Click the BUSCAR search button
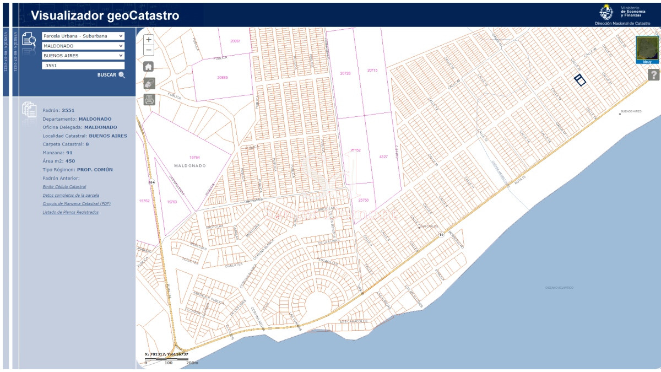(x=111, y=75)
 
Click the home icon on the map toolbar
(x=149, y=67)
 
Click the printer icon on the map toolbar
(x=149, y=100)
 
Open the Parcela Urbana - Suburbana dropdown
(x=83, y=36)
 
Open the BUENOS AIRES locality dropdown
(x=83, y=56)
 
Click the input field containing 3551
(x=83, y=66)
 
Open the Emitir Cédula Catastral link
(x=64, y=187)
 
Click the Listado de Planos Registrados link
(x=71, y=212)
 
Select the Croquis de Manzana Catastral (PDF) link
(x=77, y=203)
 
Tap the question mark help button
(x=653, y=75)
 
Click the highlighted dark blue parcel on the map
(x=579, y=80)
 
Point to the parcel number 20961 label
(x=236, y=41)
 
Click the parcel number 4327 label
(x=383, y=157)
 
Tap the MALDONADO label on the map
(x=189, y=165)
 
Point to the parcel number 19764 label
(x=194, y=157)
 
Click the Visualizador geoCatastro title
(x=105, y=15)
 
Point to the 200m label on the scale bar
(x=192, y=363)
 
